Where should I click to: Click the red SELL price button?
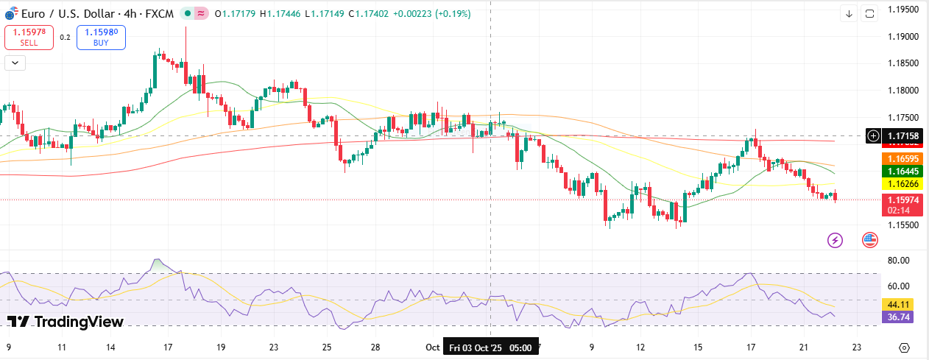coord(29,38)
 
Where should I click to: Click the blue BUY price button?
coord(101,38)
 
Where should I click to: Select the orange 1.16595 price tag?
coord(902,158)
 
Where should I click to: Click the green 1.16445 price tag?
coord(902,171)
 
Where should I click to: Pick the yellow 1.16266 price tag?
coord(902,183)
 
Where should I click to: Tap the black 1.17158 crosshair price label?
coord(902,136)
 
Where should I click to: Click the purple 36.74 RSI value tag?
coord(897,317)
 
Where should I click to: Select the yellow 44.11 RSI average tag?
coord(897,304)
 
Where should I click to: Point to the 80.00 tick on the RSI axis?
coord(898,261)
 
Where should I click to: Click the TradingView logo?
coord(66,322)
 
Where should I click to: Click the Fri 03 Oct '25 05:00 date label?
coord(491,347)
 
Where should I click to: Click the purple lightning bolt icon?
coord(835,240)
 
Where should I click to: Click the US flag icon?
coord(870,240)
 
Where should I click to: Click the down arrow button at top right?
coord(849,14)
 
